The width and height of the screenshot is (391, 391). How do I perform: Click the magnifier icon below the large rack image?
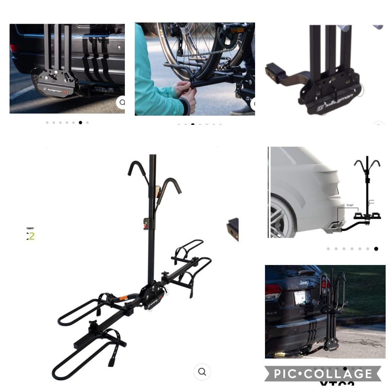tap(202, 372)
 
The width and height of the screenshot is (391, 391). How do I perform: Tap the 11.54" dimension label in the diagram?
tap(350, 205)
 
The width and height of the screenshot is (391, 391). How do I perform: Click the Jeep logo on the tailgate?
tap(304, 283)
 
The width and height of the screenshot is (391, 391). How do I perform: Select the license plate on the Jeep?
tap(301, 297)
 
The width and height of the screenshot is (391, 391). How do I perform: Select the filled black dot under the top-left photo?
tap(80, 123)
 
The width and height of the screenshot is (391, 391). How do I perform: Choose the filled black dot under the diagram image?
tap(376, 249)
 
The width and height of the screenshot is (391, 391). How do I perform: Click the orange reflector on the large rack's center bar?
tap(123, 298)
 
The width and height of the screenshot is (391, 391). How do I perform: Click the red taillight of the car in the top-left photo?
tap(14, 48)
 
